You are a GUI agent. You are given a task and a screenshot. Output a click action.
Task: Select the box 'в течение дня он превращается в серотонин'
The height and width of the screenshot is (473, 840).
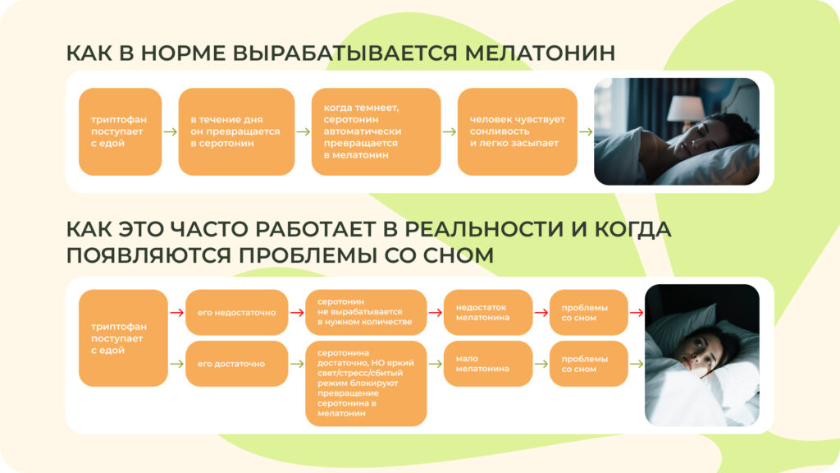coord(236,131)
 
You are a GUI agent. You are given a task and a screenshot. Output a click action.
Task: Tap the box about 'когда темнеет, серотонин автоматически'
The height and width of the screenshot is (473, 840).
coord(376,131)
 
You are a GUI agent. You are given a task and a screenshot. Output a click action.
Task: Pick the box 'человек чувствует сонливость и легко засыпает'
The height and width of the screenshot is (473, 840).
coord(517,131)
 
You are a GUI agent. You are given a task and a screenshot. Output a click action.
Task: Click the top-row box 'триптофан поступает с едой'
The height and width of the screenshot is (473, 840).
coord(120,131)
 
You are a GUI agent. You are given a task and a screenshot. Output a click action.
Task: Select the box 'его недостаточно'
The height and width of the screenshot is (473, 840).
coord(236,312)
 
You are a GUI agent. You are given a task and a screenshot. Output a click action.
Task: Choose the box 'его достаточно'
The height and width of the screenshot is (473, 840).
coord(236,363)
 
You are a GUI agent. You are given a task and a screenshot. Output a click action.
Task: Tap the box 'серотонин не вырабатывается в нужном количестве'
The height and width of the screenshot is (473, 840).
coord(366,312)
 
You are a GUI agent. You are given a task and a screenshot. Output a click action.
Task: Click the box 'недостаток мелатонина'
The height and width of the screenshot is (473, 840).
coord(488,312)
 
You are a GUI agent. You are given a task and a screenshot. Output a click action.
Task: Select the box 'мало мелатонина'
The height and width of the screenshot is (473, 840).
coord(488,363)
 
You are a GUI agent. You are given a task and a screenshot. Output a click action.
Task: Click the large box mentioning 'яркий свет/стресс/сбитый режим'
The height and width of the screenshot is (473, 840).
coord(366,383)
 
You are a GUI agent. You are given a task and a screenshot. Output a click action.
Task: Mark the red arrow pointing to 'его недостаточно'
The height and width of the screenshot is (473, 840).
coord(176,312)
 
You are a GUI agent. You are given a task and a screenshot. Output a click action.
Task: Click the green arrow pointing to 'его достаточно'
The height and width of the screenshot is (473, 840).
coord(176,363)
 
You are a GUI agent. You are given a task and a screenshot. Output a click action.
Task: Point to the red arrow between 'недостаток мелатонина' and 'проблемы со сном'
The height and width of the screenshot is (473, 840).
coord(541,312)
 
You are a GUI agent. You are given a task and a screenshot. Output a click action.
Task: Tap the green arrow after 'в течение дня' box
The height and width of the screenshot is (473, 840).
coord(303,131)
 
